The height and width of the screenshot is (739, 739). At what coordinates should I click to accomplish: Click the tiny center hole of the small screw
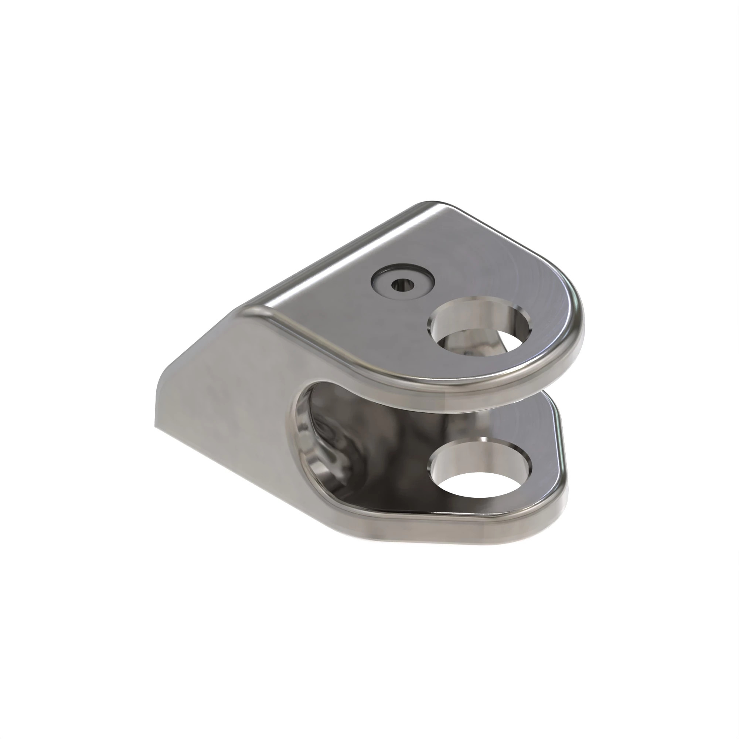(403, 284)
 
